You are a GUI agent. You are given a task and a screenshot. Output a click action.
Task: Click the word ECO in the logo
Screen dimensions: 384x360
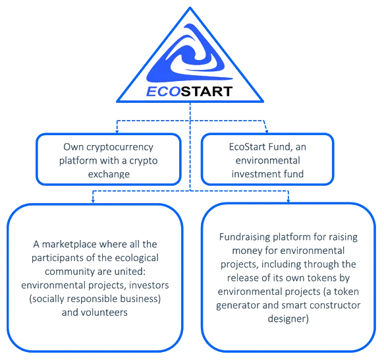click(x=163, y=92)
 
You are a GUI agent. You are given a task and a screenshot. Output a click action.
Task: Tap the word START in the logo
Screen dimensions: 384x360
click(x=207, y=92)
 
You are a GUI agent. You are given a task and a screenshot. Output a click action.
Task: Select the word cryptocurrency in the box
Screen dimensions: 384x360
click(x=120, y=147)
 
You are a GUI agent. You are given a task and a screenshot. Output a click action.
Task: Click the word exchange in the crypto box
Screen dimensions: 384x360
click(x=109, y=174)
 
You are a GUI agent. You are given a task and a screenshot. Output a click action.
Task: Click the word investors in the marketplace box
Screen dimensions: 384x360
click(x=149, y=285)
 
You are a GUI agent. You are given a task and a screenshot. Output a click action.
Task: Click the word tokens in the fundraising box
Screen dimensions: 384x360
click(x=322, y=278)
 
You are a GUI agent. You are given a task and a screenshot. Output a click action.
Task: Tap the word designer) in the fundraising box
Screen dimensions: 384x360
click(x=288, y=319)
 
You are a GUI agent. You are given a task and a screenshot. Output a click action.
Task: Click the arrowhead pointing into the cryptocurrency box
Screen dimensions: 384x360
click(x=117, y=131)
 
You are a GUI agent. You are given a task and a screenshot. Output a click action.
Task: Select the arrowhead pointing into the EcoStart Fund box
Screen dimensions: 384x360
click(x=267, y=131)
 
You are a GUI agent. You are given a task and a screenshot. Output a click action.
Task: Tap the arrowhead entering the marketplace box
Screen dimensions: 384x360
click(x=93, y=201)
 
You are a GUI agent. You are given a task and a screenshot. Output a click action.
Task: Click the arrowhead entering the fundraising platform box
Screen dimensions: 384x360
click(x=288, y=201)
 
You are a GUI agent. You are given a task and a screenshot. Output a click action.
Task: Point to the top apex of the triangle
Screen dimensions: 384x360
click(x=190, y=7)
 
